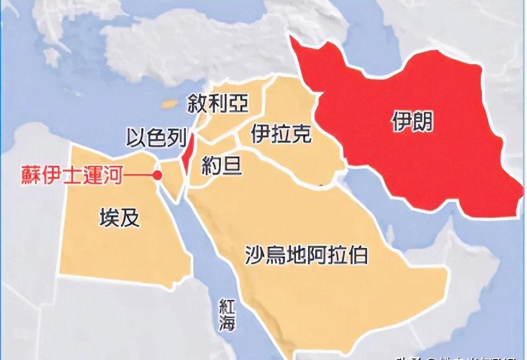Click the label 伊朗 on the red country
pos(412,122)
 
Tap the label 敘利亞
pos(218,103)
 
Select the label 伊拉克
pos(281,134)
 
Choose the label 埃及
pos(119,218)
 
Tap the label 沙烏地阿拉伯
pos(307,255)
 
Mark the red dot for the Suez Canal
pos(158,175)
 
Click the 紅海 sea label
pos(227,315)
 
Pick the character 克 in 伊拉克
pos(302,134)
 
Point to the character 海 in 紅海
pos(227,324)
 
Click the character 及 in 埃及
pos(130,218)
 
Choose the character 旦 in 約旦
pos(232,166)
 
